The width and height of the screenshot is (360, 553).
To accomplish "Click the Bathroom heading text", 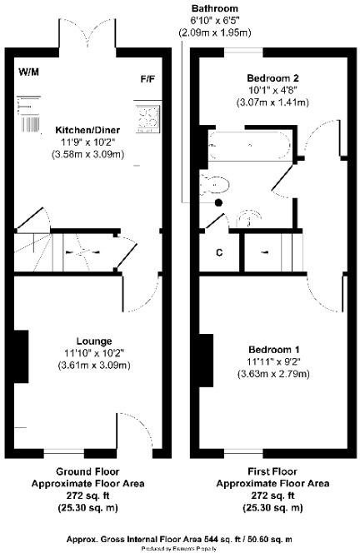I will (209, 7).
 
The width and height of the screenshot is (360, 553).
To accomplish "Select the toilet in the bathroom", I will (215, 184).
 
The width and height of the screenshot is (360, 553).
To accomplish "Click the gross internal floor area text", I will (180, 540).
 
